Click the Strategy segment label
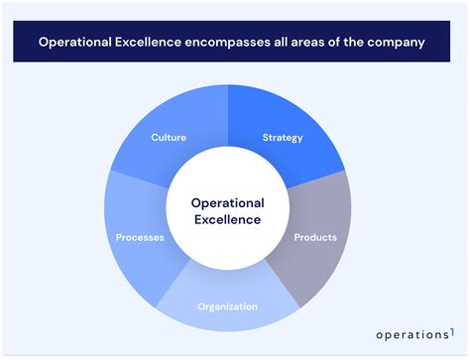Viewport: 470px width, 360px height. click(x=283, y=137)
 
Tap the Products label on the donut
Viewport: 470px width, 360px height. click(x=315, y=237)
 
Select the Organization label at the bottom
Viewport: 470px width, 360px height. click(x=227, y=306)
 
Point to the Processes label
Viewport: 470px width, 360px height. click(x=140, y=237)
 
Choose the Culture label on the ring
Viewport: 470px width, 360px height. click(x=170, y=137)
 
